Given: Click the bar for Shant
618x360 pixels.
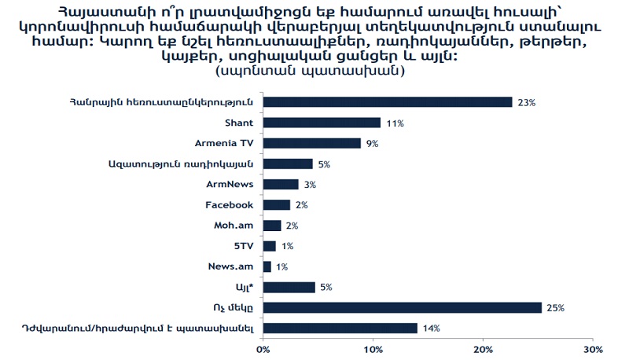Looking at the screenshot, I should point(322,123).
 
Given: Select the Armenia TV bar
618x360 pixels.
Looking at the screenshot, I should point(311,143).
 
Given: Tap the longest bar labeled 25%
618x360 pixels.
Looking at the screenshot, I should point(402,307).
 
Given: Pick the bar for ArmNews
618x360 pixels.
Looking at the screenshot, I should point(281,184).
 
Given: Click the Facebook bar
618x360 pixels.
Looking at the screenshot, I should point(276,204).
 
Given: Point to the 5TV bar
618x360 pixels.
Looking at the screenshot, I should point(269,246).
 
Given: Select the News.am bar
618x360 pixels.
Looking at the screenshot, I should point(267,266).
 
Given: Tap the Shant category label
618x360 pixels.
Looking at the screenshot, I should point(238,123).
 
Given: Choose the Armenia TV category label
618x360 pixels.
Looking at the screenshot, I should point(224,143).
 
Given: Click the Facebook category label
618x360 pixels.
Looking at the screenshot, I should point(229,204).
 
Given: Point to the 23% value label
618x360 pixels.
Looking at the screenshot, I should point(526,102).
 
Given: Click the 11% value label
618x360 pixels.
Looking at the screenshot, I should point(393,123).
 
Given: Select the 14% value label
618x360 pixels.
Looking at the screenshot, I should point(430,328).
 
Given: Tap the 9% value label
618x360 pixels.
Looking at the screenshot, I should point(371,143).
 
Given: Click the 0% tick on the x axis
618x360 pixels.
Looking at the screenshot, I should point(263,348).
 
